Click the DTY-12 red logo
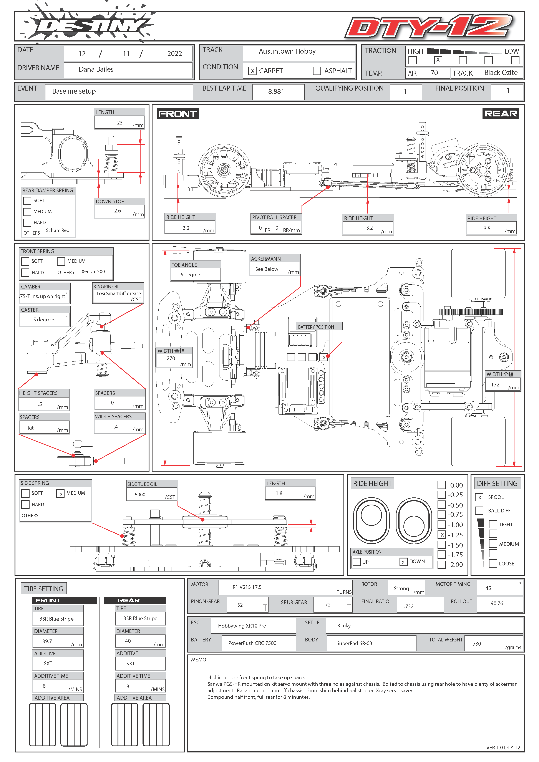click(429, 27)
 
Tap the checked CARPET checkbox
click(252, 71)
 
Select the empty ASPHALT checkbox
click(317, 71)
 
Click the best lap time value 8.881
click(276, 92)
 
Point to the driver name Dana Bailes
click(96, 69)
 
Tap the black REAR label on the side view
click(501, 114)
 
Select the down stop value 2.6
click(118, 211)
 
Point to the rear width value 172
click(495, 385)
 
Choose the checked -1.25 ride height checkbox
click(442, 535)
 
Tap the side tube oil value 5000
click(140, 495)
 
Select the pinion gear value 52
click(240, 605)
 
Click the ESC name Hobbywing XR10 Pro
click(242, 626)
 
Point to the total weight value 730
click(477, 644)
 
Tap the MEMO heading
click(199, 659)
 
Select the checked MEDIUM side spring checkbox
click(60, 494)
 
